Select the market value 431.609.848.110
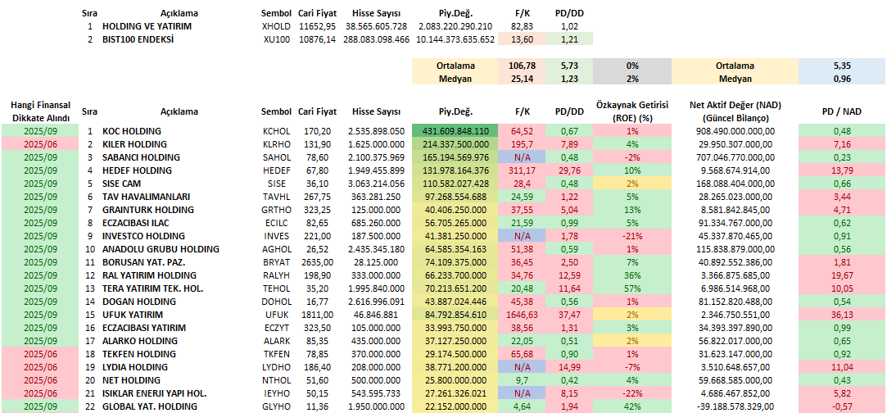click(x=455, y=131)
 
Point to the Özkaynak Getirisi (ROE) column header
click(x=632, y=111)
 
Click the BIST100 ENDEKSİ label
click(x=138, y=39)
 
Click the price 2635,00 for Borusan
click(x=316, y=262)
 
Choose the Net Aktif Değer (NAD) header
click(x=735, y=110)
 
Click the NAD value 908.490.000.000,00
click(x=735, y=131)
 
